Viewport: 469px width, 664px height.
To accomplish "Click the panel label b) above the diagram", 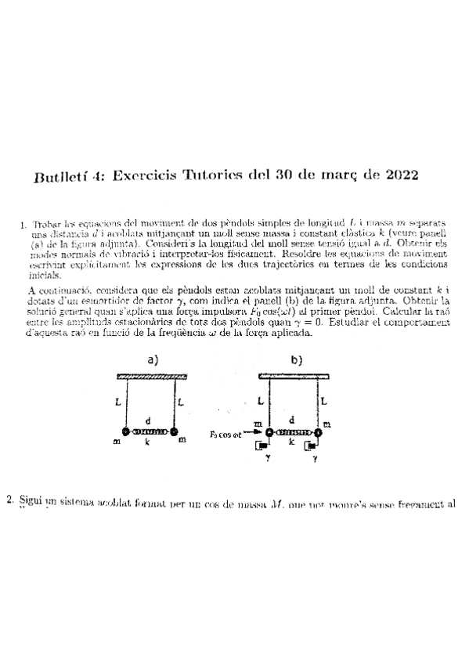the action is pyautogui.click(x=296, y=361).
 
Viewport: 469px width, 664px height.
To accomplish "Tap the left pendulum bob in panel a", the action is pyautogui.click(x=125, y=431).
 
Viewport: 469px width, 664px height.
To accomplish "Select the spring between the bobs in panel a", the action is pyautogui.click(x=150, y=431).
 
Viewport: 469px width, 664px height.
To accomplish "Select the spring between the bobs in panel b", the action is pyautogui.click(x=292, y=432).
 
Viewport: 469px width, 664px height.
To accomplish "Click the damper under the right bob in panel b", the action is pyautogui.click(x=310, y=447).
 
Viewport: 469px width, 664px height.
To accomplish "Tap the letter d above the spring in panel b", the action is pyautogui.click(x=292, y=420).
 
